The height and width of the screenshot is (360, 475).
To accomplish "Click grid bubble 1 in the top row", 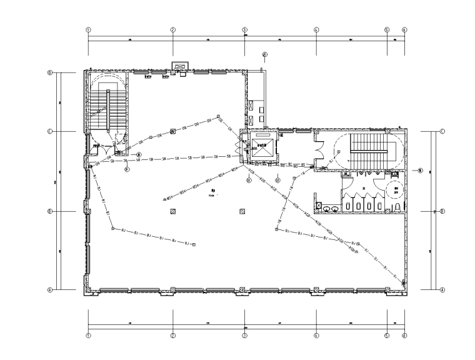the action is click(x=89, y=29).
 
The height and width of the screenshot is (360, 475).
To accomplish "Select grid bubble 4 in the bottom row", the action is click(x=316, y=335).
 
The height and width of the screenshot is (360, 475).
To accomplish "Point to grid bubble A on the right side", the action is click(x=442, y=289).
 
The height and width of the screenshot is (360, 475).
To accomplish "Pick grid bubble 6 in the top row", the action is click(x=404, y=29).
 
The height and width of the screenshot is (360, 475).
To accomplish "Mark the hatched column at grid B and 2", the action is click(x=172, y=212).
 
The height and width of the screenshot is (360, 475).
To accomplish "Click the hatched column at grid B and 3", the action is click(x=242, y=212).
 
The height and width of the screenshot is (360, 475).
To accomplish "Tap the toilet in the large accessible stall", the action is click(x=396, y=204).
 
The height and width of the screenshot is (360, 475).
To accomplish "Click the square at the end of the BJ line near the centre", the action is click(x=194, y=244).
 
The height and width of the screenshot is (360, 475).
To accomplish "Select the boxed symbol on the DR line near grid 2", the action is click(x=172, y=131).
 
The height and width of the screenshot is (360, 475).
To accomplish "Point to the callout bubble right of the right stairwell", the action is click(x=421, y=170).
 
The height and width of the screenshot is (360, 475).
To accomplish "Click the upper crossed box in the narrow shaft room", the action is click(x=252, y=106).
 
